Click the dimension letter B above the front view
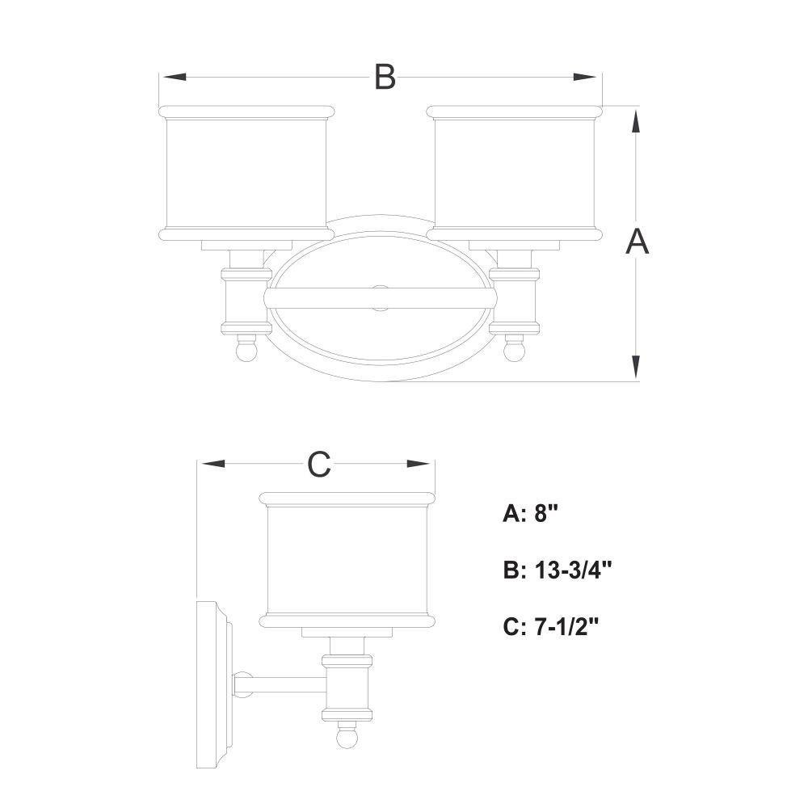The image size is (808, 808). pos(385,77)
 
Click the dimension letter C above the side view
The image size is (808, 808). pos(318,464)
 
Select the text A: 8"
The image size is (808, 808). pos(531,513)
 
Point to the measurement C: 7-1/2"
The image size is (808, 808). pos(551,627)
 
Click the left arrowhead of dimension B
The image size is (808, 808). pos(175,77)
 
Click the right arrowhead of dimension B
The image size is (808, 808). pos(585,77)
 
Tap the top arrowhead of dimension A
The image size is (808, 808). pos(637,123)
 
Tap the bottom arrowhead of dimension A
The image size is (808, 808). pos(637,366)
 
